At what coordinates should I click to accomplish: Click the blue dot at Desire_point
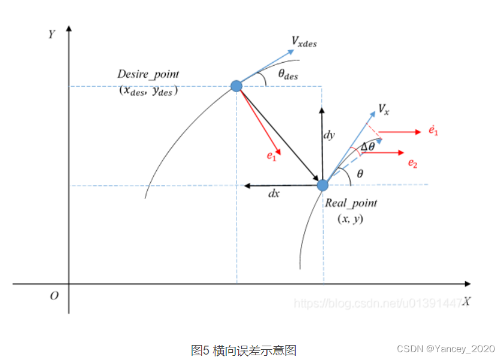click(x=236, y=86)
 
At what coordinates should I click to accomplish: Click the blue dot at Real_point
click(x=323, y=185)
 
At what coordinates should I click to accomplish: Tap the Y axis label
click(x=52, y=33)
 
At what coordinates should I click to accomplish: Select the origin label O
click(x=54, y=295)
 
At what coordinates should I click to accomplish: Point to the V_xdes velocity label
click(x=304, y=42)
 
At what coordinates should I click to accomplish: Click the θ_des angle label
click(x=288, y=75)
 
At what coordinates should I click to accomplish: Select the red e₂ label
click(x=412, y=163)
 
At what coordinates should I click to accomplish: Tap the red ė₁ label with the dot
click(x=433, y=130)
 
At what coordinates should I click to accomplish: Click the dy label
click(x=329, y=135)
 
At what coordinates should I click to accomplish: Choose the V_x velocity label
click(x=384, y=109)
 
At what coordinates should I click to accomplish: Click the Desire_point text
click(x=148, y=74)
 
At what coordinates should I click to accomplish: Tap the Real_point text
click(x=351, y=203)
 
